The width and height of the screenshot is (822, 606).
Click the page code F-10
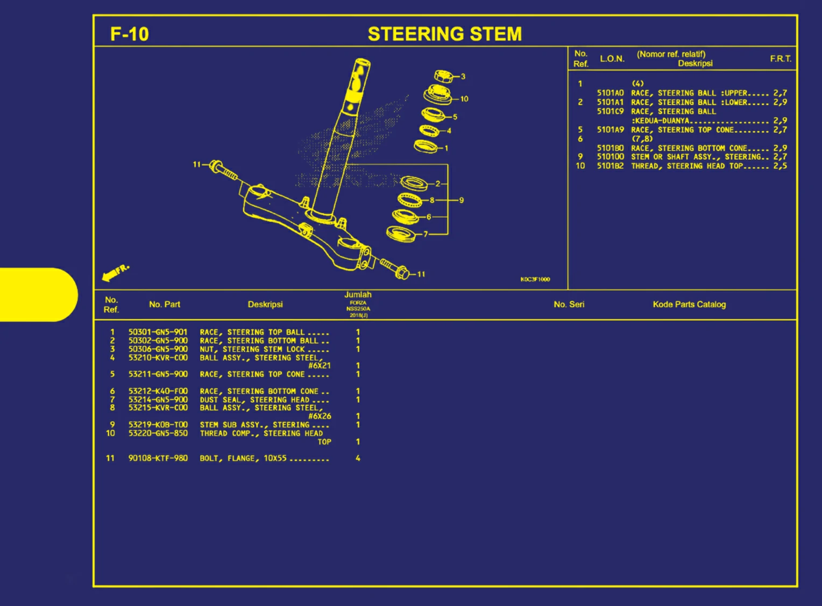(129, 34)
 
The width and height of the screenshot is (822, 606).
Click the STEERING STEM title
(444, 34)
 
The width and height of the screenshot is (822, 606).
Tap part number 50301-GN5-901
(158, 332)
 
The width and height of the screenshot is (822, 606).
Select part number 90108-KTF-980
(158, 458)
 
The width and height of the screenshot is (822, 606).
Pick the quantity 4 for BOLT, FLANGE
(358, 458)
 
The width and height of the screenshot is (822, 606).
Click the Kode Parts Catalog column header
(689, 304)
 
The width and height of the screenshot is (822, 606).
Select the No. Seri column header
(569, 304)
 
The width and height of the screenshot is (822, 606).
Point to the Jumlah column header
(358, 295)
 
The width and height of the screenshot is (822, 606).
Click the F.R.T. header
(780, 59)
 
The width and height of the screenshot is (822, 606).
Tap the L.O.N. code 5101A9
(610, 130)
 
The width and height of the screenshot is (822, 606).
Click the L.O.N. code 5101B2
(610, 166)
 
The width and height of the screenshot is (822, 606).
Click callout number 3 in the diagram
(463, 76)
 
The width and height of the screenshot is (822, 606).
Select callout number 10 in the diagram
(464, 99)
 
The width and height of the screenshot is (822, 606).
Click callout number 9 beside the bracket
(461, 200)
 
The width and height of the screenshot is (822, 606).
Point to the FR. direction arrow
(115, 273)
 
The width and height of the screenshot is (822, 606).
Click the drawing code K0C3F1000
(535, 279)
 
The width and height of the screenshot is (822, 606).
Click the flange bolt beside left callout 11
(223, 170)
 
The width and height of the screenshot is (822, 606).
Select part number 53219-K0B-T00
(158, 425)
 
